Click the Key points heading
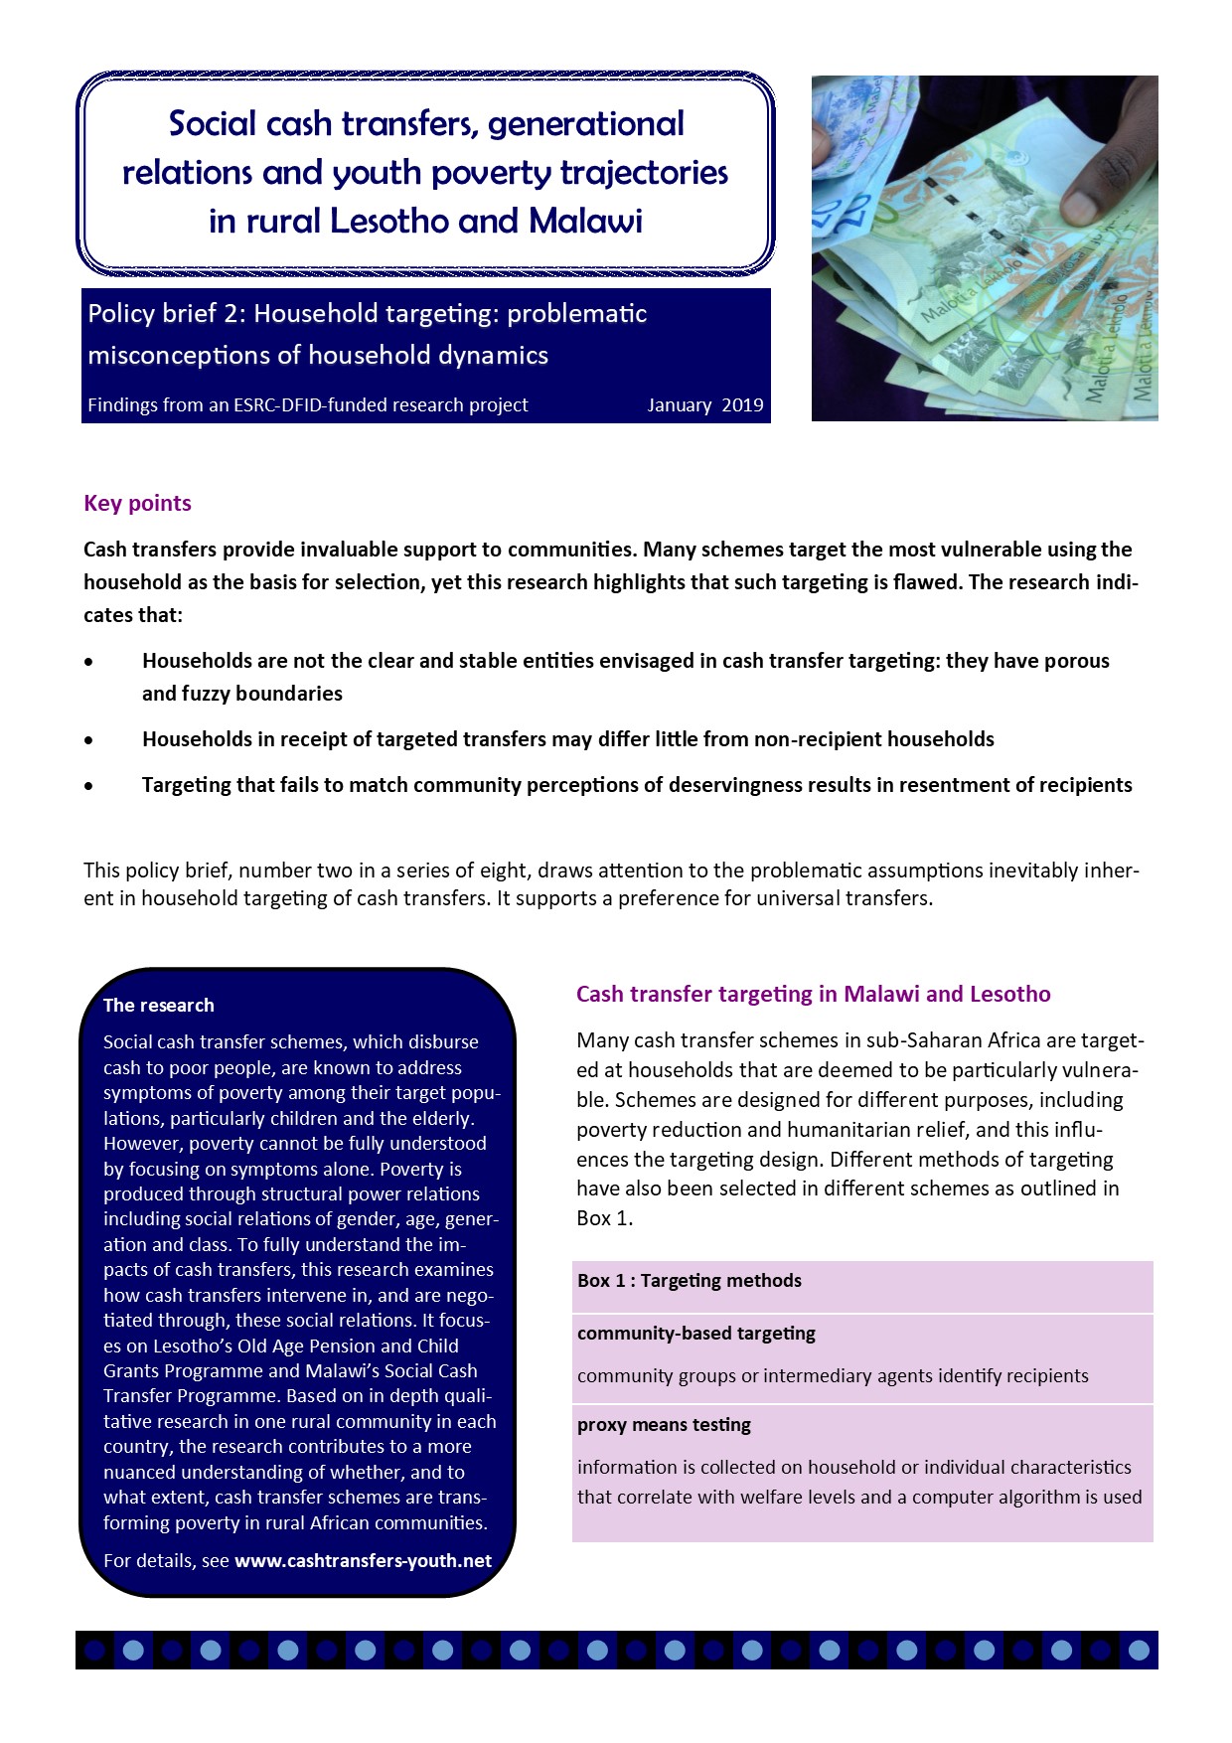[x=137, y=503]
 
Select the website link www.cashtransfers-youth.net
[x=363, y=1560]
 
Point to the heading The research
[x=159, y=1005]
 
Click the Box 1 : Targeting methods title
[x=690, y=1281]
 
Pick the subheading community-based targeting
[x=696, y=1334]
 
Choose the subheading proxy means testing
[x=664, y=1425]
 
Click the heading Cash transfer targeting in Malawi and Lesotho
[x=813, y=994]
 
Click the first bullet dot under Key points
[x=89, y=662]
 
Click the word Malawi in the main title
[x=586, y=221]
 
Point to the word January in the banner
[x=680, y=405]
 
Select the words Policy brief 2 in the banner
[x=165, y=314]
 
